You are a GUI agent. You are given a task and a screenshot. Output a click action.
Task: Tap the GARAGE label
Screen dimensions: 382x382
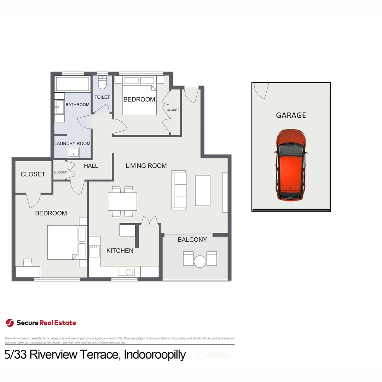pyautogui.click(x=291, y=115)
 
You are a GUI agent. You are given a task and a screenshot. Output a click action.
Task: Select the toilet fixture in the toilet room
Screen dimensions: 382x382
pyautogui.click(x=102, y=83)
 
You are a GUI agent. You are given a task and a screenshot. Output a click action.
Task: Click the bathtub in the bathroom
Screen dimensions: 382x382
pyautogui.click(x=73, y=84)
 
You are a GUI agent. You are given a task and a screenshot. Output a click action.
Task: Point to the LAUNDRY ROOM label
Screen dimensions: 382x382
pyautogui.click(x=72, y=144)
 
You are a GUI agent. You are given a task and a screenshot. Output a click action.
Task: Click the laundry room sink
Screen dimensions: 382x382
pyautogui.click(x=74, y=153)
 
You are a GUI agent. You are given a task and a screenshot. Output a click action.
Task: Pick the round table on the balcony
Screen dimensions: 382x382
pyautogui.click(x=200, y=261)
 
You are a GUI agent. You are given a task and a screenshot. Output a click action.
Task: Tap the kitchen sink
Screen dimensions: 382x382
pyautogui.click(x=129, y=272)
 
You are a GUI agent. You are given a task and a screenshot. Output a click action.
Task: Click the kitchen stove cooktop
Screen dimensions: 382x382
pyautogui.click(x=94, y=251)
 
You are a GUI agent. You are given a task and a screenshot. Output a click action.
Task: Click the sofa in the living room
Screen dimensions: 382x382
pyautogui.click(x=179, y=190)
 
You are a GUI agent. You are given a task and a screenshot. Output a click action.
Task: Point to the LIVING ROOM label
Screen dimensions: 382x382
pyautogui.click(x=146, y=166)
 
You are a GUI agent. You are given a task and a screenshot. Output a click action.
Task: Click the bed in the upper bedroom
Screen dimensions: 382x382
pyautogui.click(x=139, y=101)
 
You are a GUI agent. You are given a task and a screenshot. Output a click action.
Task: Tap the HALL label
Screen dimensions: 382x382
pyautogui.click(x=91, y=166)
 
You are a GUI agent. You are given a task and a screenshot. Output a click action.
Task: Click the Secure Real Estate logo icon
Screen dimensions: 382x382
pyautogui.click(x=10, y=323)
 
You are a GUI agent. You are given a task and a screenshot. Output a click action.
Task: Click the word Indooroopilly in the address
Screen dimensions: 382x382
pyautogui.click(x=155, y=354)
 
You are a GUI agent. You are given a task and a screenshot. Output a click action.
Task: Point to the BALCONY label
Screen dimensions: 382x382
pyautogui.click(x=192, y=240)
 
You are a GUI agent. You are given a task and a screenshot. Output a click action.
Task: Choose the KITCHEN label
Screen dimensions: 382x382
pyautogui.click(x=120, y=251)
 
